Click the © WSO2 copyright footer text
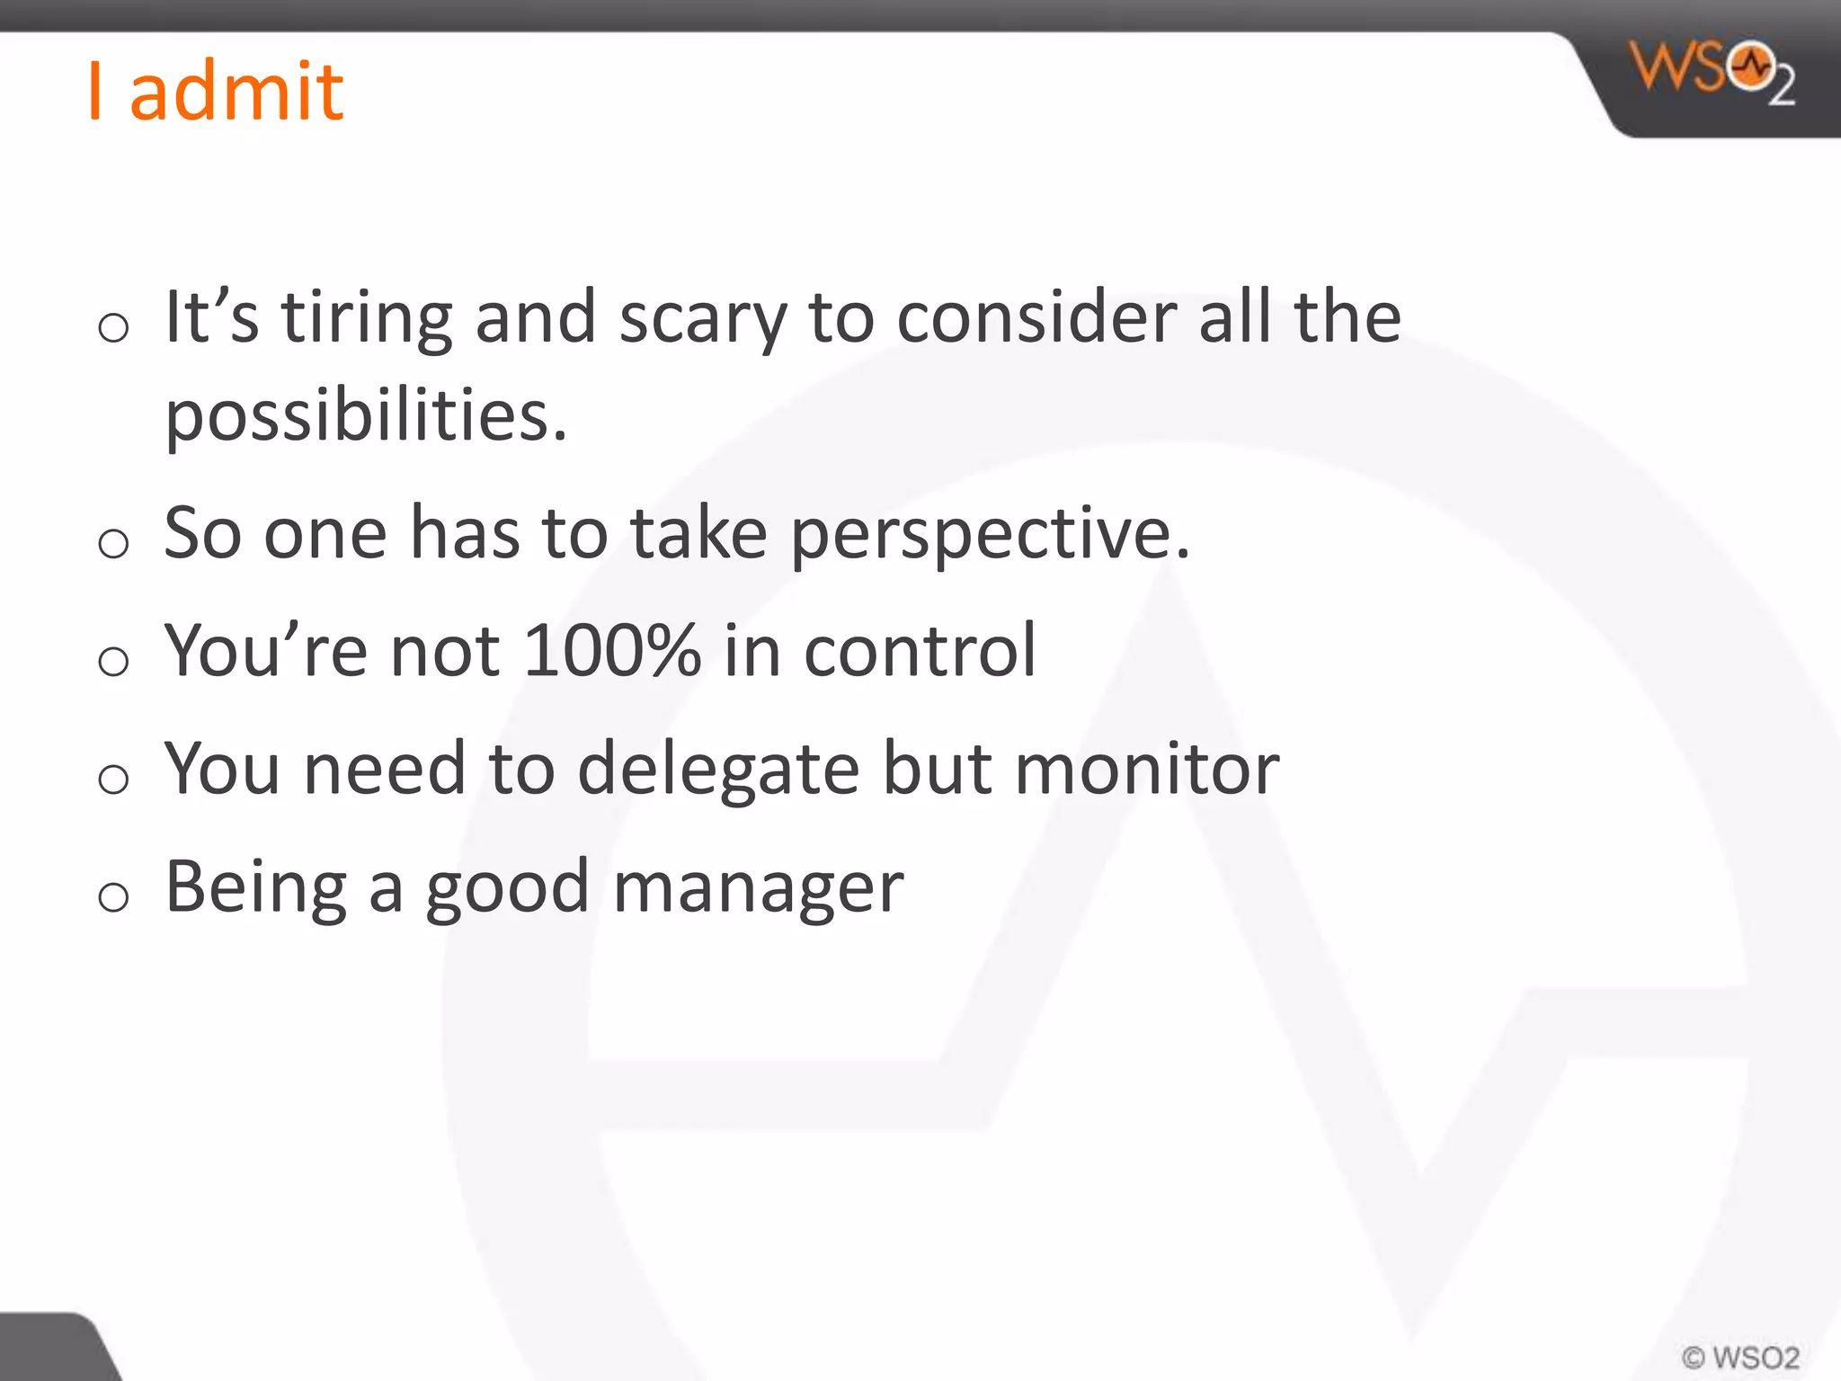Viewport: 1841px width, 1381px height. [1740, 1357]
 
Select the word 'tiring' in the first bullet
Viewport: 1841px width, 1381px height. [367, 319]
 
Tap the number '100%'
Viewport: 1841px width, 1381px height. [611, 650]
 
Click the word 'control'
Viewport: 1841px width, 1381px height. [920, 650]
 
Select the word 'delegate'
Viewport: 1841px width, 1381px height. [718, 770]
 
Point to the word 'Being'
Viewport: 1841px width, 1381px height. [256, 889]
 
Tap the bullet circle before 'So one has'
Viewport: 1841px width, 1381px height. [114, 543]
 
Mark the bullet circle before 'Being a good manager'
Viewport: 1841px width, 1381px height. [114, 896]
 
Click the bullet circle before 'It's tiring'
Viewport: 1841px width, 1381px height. [114, 327]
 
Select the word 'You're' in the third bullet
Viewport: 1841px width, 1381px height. [266, 650]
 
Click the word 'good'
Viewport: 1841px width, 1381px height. [507, 889]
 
